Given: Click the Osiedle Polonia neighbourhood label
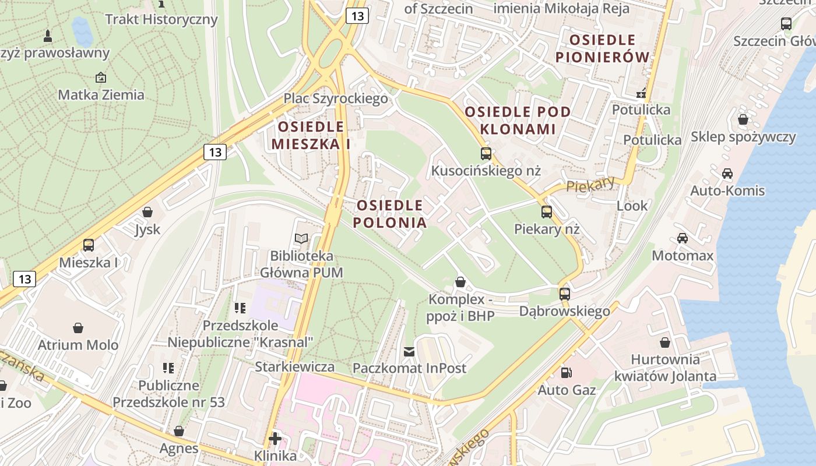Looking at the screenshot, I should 390,214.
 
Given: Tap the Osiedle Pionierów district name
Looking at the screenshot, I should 603,48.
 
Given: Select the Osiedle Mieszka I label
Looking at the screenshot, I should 311,135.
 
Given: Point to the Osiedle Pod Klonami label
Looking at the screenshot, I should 518,121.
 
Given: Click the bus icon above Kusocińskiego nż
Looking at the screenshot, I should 486,154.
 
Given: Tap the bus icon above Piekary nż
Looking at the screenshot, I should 546,212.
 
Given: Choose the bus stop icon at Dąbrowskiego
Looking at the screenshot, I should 564,294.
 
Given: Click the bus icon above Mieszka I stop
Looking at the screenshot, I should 89,245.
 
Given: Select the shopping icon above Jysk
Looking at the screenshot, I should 147,212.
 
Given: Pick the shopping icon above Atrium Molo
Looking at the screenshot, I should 78,328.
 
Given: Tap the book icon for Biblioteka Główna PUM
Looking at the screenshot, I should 301,238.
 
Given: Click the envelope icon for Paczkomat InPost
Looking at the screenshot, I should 409,351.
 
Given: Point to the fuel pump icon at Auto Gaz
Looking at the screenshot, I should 565,373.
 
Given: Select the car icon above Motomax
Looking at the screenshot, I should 682,238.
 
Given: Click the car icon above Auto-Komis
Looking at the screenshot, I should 727,174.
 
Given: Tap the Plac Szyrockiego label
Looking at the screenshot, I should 336,98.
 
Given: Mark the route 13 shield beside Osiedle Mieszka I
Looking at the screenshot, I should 215,152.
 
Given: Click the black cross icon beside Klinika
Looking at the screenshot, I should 275,438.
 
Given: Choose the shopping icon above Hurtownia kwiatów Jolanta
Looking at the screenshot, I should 665,343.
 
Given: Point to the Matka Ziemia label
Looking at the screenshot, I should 101,94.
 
